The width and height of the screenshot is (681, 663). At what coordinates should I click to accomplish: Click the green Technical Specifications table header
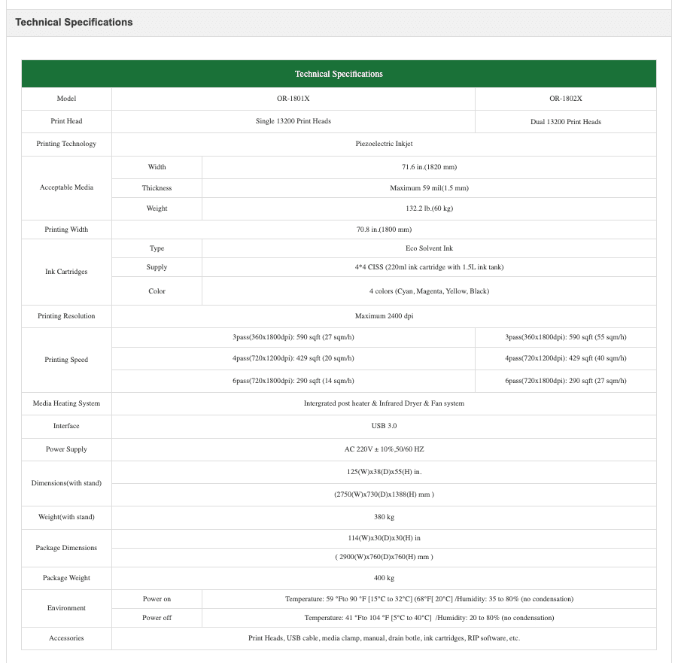point(339,74)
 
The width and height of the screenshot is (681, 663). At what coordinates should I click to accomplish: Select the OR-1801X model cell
point(293,99)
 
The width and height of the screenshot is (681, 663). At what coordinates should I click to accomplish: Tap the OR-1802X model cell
point(565,99)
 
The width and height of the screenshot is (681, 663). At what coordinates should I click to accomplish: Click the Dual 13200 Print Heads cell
point(565,122)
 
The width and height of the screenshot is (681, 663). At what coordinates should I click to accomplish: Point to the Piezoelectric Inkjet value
point(384,144)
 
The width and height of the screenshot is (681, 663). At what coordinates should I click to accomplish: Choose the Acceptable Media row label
point(66,187)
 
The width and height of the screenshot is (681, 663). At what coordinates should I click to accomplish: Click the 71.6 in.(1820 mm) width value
point(429,167)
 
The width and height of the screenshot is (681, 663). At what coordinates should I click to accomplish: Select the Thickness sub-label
point(157,188)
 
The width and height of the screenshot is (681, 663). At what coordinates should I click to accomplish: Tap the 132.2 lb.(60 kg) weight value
point(429,208)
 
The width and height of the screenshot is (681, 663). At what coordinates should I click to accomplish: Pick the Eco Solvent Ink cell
point(429,248)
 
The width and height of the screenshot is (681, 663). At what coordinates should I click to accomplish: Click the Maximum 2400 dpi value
point(384,316)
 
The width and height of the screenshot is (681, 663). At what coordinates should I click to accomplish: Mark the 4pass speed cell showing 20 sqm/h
point(293,358)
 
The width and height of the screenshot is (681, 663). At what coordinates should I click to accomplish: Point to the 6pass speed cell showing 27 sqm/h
point(565,381)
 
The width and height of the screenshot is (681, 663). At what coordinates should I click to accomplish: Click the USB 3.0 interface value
point(384,426)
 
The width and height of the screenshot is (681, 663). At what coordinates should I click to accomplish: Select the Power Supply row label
point(66,449)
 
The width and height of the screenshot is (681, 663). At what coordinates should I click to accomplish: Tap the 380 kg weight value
point(384,517)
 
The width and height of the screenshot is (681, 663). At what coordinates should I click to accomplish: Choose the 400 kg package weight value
point(384,578)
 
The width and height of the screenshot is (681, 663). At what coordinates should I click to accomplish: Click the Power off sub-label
point(157,618)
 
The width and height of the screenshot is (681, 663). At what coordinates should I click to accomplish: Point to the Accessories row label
point(66,638)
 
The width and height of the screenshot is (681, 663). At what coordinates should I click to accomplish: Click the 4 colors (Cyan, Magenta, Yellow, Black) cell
point(429,291)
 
